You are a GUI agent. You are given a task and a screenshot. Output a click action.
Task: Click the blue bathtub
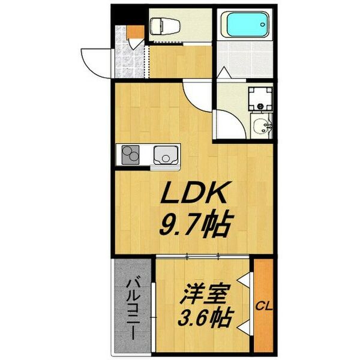coord(244,26)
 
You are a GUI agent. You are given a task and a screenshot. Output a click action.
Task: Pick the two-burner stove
coord(131,157)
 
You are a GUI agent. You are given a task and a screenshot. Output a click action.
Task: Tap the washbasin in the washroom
coord(262,127)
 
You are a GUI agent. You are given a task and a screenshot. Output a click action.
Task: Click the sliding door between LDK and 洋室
coord(204,256)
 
